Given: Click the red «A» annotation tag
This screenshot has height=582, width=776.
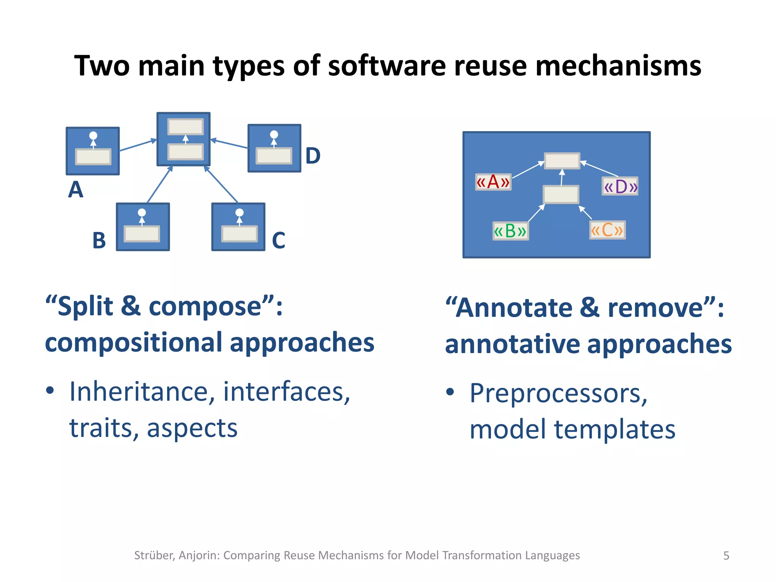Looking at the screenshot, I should pos(493,182).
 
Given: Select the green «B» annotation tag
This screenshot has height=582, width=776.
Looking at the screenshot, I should pos(510,231).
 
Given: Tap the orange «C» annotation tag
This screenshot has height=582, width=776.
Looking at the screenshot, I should pos(607,230).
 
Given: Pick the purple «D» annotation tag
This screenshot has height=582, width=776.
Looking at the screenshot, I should pos(620,186).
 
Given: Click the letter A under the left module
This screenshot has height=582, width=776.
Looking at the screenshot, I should pos(75,189).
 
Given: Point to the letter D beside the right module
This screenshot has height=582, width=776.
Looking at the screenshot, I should pos(313,156).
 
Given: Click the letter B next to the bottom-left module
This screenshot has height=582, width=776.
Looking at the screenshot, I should pos(99,240).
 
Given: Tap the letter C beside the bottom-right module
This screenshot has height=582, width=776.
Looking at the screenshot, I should pos(278,240).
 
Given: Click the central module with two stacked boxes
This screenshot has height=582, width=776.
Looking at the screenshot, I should pos(184,139).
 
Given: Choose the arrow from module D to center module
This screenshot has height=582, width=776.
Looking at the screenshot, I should pos(229,144).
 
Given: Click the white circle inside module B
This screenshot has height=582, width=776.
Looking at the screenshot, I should pos(142,213).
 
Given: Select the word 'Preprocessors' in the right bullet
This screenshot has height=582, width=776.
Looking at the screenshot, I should pos(558,393).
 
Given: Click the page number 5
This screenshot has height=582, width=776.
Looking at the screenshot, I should pos(726,555).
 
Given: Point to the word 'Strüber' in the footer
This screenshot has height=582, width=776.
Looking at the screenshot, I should pos(154,555).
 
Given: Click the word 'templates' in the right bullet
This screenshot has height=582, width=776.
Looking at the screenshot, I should pos(615,429).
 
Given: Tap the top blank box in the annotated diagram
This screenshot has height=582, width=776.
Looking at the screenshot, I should pos(562,161).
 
